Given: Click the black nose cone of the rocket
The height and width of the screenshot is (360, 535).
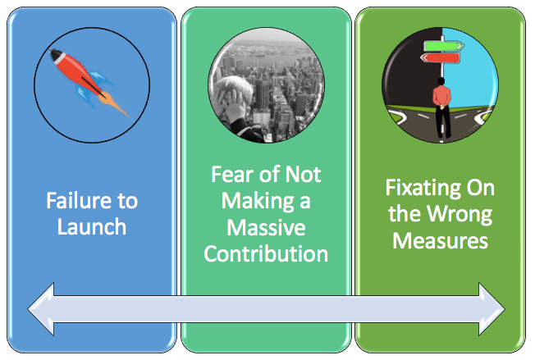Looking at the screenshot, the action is [55, 54].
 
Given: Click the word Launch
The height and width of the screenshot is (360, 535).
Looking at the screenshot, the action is [92, 226].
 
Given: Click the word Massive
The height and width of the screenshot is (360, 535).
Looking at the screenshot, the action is [266, 227].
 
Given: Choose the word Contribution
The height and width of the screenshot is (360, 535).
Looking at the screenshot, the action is [266, 254].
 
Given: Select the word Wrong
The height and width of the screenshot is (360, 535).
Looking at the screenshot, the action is [460, 215].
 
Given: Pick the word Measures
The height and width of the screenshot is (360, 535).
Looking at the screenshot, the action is [440, 240].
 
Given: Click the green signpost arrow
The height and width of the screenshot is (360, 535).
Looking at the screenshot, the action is [444, 46].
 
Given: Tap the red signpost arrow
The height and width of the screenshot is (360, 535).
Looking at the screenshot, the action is [440, 58].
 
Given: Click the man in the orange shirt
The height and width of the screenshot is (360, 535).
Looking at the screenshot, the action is [441, 107].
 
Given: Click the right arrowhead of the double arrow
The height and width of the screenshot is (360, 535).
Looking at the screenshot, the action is [492, 309].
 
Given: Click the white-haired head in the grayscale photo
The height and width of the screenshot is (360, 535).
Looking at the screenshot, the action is [235, 92].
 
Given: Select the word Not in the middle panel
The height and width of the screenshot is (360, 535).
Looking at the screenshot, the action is [303, 174].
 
